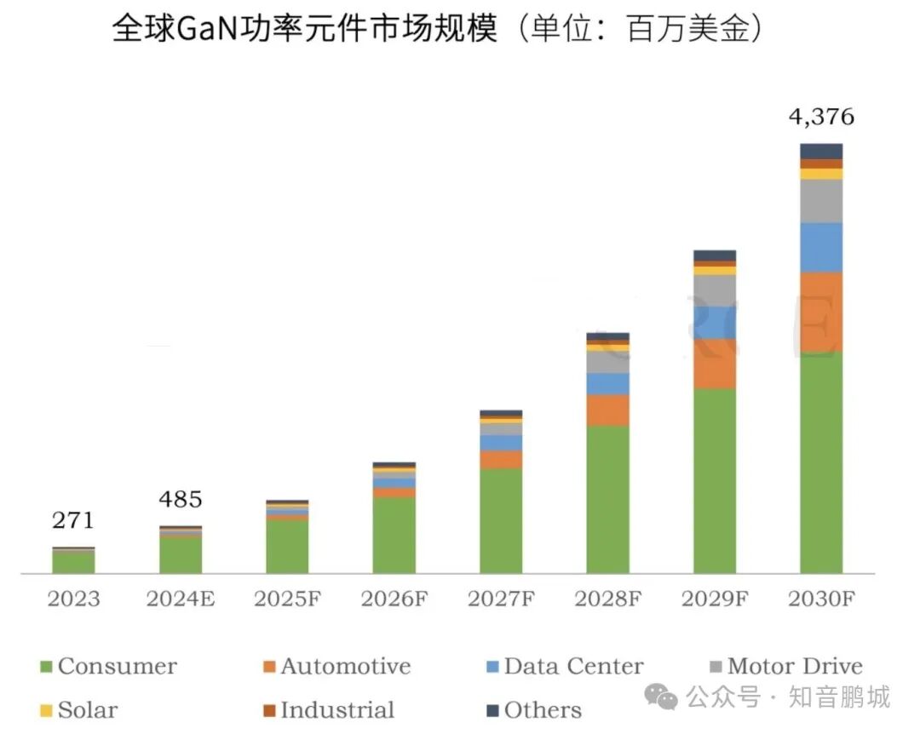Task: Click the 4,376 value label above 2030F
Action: [x=821, y=118]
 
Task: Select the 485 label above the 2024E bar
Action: [x=180, y=499]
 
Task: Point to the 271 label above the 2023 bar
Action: [x=72, y=520]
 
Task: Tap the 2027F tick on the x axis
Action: [x=501, y=599]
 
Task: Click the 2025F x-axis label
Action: [x=287, y=599]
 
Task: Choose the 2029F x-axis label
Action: [x=714, y=599]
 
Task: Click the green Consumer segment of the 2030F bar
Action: [x=821, y=462]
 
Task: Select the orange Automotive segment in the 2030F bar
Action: [x=821, y=313]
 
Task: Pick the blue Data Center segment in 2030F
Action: [x=821, y=248]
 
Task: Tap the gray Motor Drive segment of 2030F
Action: [x=821, y=201]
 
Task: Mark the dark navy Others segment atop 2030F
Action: [x=821, y=152]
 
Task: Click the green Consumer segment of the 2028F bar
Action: [x=607, y=499]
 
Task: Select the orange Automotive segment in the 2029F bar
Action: [x=714, y=364]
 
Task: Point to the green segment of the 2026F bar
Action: [x=394, y=535]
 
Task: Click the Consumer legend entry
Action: [x=108, y=667]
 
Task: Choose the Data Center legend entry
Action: [x=565, y=667]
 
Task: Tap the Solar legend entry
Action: [x=78, y=710]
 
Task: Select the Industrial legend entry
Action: [x=329, y=710]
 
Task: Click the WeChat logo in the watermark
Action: [x=661, y=697]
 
